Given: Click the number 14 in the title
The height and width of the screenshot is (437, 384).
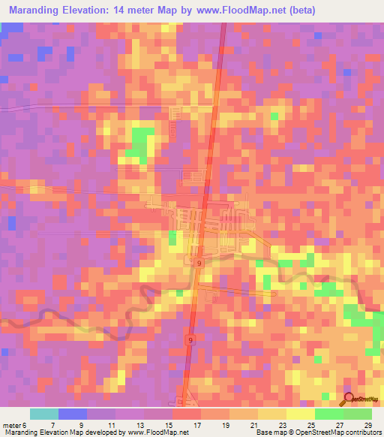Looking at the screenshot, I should point(121,11).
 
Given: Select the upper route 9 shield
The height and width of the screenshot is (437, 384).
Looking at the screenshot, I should point(198,264).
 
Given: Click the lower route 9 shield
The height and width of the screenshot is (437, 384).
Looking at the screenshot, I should point(190,340).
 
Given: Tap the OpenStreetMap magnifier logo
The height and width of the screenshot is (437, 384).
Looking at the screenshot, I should point(348,399).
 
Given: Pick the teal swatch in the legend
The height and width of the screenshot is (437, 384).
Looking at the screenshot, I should point(43,414).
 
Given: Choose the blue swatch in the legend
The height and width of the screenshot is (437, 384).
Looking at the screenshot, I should point(72,414).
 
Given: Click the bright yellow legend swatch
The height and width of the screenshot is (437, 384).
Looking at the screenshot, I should point(301,414).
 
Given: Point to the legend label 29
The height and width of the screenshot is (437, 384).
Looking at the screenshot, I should point(367,424).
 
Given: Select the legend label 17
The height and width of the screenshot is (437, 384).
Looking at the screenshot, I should point(196,424).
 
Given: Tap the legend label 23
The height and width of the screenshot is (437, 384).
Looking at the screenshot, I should point(281,424).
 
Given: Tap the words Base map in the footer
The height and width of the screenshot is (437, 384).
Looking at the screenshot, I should point(267,432).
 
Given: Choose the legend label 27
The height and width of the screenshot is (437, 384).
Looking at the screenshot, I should point(339,424).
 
